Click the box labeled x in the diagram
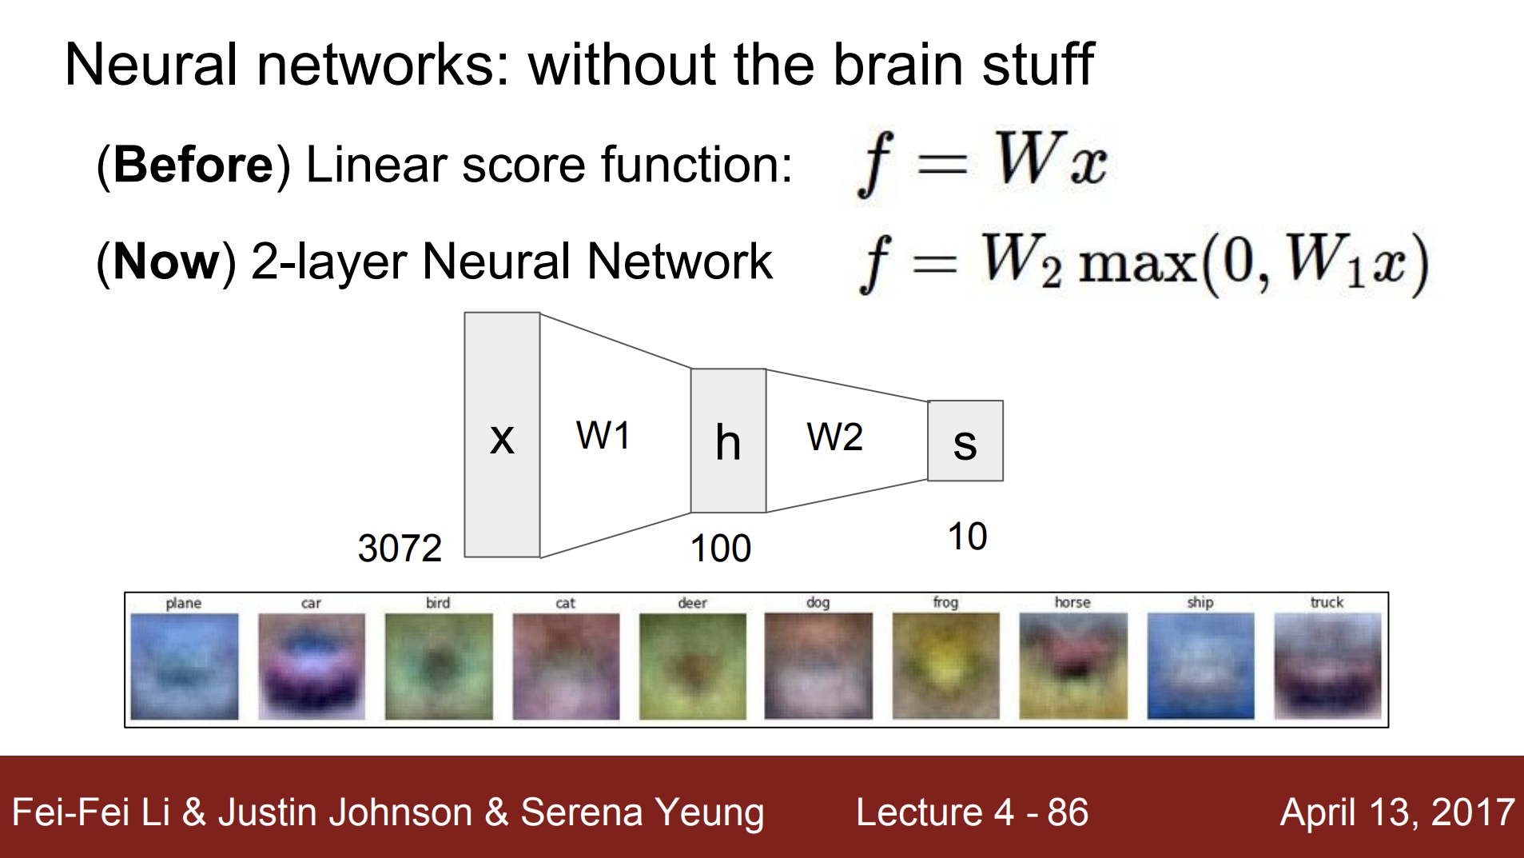point(502,434)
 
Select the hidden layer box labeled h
point(728,441)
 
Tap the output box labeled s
point(965,441)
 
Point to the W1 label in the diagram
point(603,436)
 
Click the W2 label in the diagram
point(835,437)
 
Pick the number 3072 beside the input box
point(400,549)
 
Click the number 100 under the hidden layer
point(720,549)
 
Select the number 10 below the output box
point(967,537)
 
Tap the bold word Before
point(193,165)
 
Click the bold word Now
point(166,261)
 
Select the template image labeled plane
point(184,666)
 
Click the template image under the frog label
point(945,666)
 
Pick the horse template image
point(1072,666)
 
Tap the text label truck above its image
point(1327,602)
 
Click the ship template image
point(1200,666)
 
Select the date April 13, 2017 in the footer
point(1398,812)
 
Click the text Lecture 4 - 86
point(972,812)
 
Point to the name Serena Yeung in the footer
point(643,813)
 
